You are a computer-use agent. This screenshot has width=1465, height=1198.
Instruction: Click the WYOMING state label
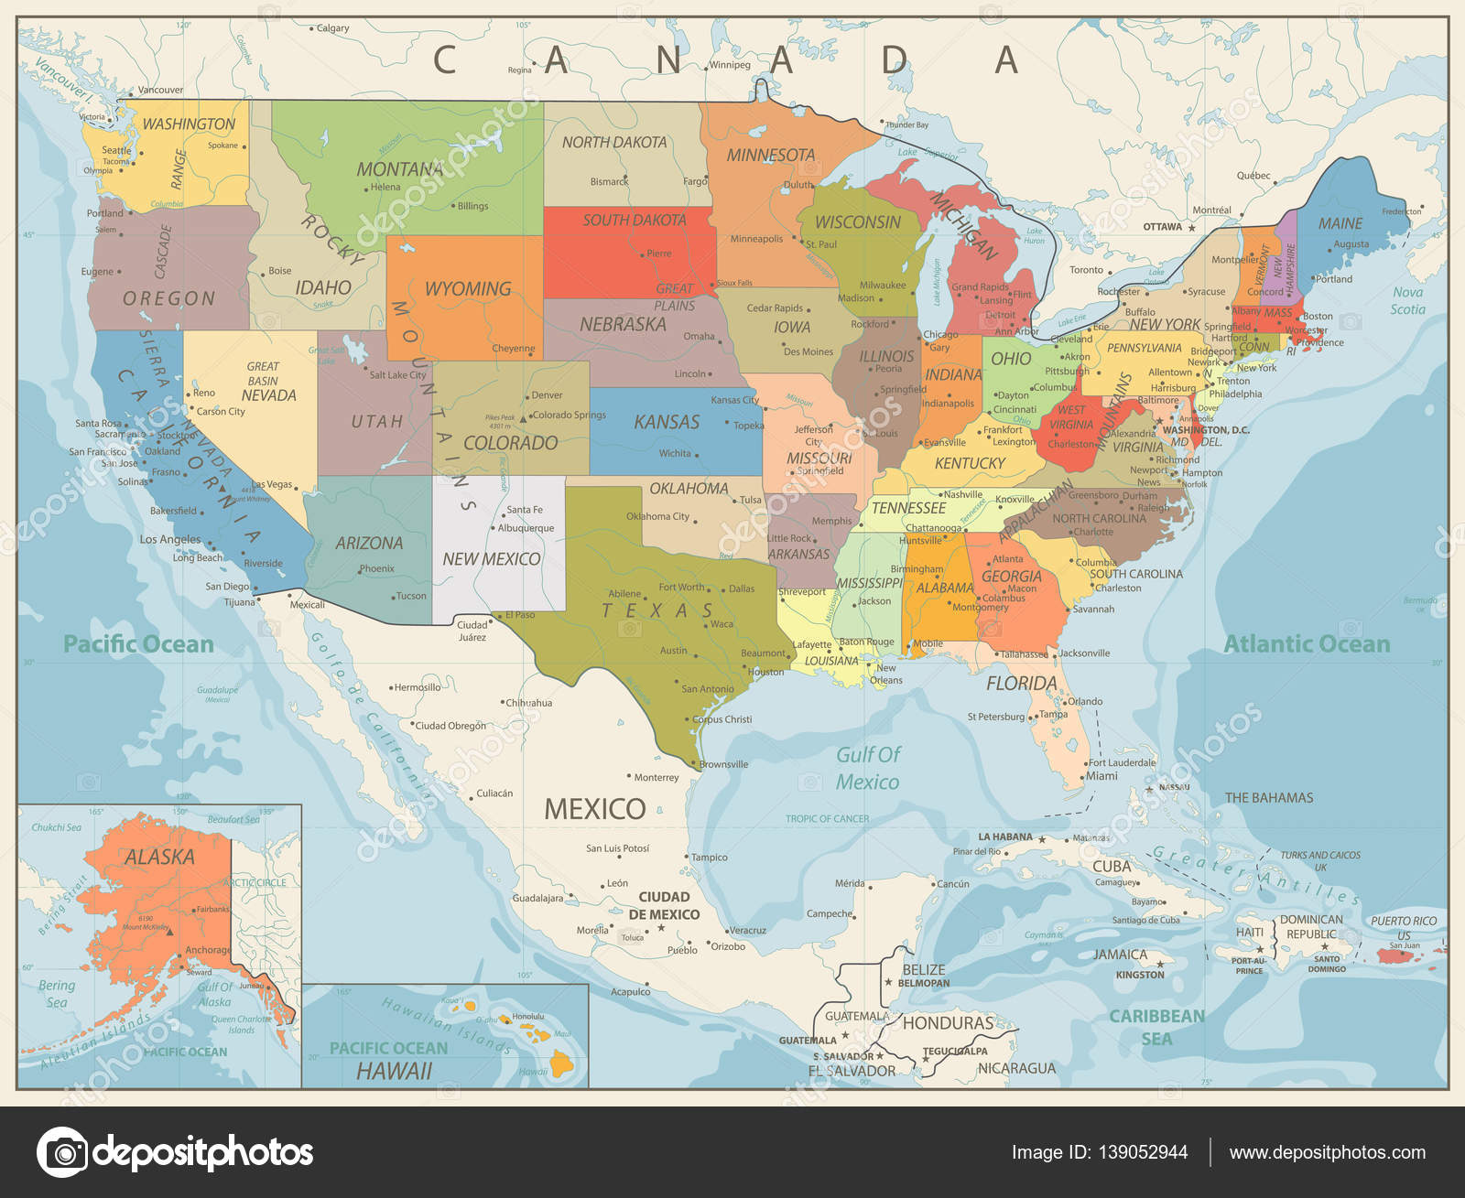click(x=468, y=289)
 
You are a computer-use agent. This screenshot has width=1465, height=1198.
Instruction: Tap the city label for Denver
click(x=547, y=395)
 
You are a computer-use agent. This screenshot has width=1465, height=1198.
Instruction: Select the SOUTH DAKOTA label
click(x=634, y=221)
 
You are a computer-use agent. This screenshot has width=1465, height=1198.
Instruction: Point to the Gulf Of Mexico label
click(x=867, y=768)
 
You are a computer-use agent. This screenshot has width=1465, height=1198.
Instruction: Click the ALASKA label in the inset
click(x=159, y=858)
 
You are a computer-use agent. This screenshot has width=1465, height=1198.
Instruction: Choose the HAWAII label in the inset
click(x=394, y=1071)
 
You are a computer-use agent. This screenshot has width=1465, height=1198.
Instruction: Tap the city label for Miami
click(x=1101, y=776)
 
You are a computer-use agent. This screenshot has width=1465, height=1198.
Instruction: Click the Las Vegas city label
click(x=272, y=484)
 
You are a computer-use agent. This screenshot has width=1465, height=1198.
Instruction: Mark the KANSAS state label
click(x=667, y=422)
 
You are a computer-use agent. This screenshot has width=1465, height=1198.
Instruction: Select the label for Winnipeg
click(x=729, y=65)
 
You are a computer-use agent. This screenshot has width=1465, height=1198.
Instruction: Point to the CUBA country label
click(x=1112, y=866)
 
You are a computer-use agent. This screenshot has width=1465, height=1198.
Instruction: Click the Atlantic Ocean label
click(x=1307, y=644)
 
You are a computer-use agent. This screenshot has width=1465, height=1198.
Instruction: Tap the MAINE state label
click(x=1340, y=223)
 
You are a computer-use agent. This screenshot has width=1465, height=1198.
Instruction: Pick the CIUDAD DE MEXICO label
click(x=664, y=906)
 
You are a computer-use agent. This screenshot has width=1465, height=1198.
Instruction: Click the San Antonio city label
click(x=708, y=689)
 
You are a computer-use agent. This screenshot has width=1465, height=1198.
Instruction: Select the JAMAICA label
click(x=1120, y=955)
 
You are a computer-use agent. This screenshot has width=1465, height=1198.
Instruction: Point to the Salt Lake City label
click(x=397, y=375)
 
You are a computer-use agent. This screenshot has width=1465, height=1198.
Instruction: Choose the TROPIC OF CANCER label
click(x=827, y=819)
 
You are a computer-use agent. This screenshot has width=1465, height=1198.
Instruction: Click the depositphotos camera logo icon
click(x=62, y=1152)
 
